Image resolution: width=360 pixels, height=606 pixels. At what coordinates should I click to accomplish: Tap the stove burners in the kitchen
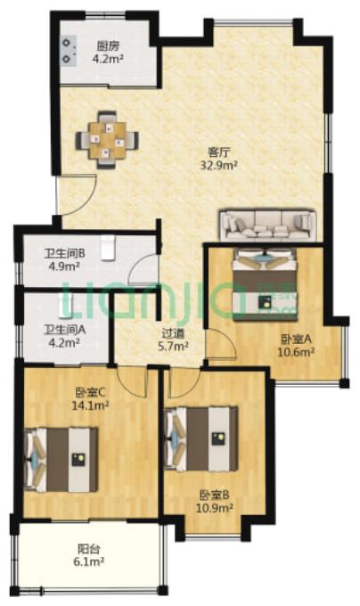pyautogui.click(x=69, y=51)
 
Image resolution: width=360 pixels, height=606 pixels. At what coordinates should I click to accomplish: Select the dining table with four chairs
pyautogui.click(x=107, y=140)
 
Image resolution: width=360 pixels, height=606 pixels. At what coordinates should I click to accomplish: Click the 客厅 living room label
pyautogui.click(x=219, y=151)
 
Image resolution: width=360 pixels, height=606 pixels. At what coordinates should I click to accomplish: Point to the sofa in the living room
pyautogui.click(x=267, y=225)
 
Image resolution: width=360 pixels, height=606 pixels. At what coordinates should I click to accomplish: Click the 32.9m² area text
pyautogui.click(x=218, y=166)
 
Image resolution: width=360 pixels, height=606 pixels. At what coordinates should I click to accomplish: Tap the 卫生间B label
pyautogui.click(x=64, y=254)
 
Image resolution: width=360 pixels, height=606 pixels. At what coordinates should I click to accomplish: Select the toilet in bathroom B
pyautogui.click(x=108, y=248)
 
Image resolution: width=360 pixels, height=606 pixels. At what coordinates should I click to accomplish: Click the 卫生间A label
pyautogui.click(x=64, y=330)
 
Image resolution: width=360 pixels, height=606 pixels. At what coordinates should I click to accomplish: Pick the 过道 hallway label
pyautogui.click(x=173, y=332)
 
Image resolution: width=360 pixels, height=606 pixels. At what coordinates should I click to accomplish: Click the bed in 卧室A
pyautogui.click(x=265, y=284)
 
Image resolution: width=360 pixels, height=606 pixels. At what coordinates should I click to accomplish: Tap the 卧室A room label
pyautogui.click(x=296, y=339)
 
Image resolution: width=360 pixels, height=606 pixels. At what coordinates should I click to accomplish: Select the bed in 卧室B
pyautogui.click(x=200, y=438)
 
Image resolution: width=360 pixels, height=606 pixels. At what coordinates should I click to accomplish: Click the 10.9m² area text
pyautogui.click(x=215, y=507)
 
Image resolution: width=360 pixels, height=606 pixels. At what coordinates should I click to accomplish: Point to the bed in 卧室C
pyautogui.click(x=61, y=460)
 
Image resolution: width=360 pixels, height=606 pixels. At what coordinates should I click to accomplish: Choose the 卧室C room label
pyautogui.click(x=90, y=393)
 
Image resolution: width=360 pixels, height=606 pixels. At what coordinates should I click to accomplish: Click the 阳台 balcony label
pyautogui.click(x=89, y=548)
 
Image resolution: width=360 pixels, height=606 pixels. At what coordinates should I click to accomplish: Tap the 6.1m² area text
pyautogui.click(x=88, y=561)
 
